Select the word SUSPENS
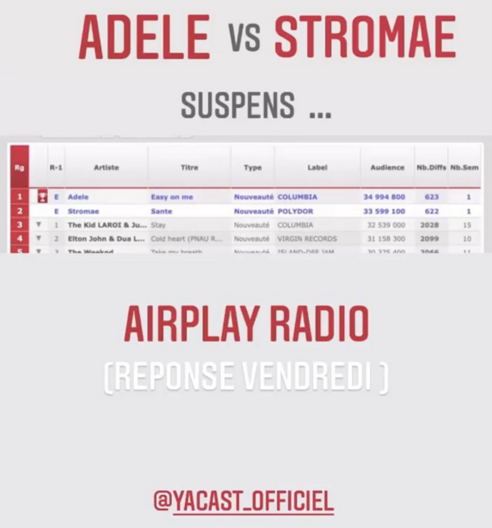click(x=237, y=106)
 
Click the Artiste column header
click(x=106, y=168)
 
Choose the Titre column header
click(x=189, y=168)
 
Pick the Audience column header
click(x=388, y=168)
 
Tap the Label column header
click(x=317, y=168)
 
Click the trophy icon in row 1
click(x=42, y=197)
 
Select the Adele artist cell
click(x=79, y=197)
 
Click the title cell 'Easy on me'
click(x=171, y=197)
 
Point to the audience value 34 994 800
click(x=384, y=197)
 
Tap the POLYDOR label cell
click(x=295, y=211)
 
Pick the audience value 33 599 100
click(x=384, y=211)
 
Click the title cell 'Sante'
click(x=161, y=211)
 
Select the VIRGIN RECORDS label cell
click(x=306, y=239)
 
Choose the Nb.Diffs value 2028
click(x=430, y=225)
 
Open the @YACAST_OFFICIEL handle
click(x=244, y=501)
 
